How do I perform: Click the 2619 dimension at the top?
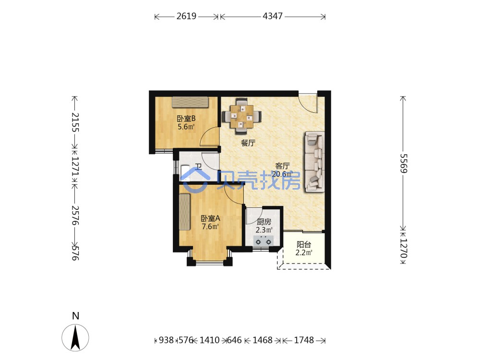pos(186,16)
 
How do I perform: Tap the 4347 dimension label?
pos(273,16)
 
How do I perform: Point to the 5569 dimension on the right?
pos(404,163)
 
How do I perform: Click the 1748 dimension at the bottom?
pos(304,340)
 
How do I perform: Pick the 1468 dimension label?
pos(263,340)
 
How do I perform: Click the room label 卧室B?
pos(186,119)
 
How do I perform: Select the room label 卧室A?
pos(210,218)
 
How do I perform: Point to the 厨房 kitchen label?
pos(264,222)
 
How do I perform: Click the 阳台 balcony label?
pos(304,245)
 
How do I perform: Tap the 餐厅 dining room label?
pos(248,143)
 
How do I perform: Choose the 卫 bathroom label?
pos(198,167)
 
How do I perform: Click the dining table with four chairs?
pos(242,116)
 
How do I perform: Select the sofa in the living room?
pos(314,162)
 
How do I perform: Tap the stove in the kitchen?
pos(263,241)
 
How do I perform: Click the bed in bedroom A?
pos(185,212)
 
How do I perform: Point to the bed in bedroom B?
pos(190,102)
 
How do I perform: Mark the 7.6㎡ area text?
pos(210,227)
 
